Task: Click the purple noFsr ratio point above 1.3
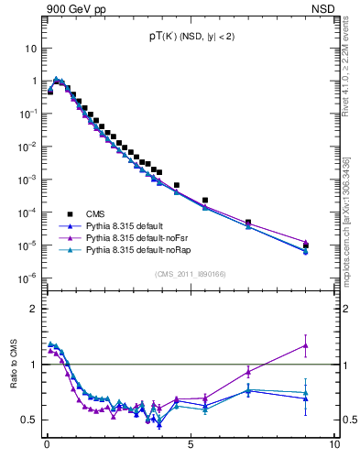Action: click(x=306, y=345)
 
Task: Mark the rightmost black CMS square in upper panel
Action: click(x=306, y=245)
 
